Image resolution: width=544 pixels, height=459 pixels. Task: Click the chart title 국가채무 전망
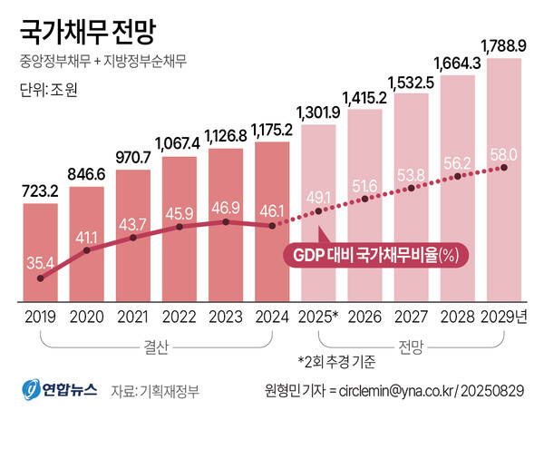[87, 33]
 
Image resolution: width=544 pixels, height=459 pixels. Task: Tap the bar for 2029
[504, 181]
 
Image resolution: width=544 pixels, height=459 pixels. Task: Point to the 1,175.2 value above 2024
[272, 130]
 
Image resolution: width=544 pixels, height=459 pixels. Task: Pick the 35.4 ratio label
[40, 263]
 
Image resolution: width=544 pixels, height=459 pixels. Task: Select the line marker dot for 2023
[226, 221]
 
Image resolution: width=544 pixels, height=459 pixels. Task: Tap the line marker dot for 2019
[41, 279]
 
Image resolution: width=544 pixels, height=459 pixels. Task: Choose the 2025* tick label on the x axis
[318, 317]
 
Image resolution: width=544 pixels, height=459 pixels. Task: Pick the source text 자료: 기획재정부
[154, 391]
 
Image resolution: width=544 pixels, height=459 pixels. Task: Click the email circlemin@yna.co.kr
[397, 391]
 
